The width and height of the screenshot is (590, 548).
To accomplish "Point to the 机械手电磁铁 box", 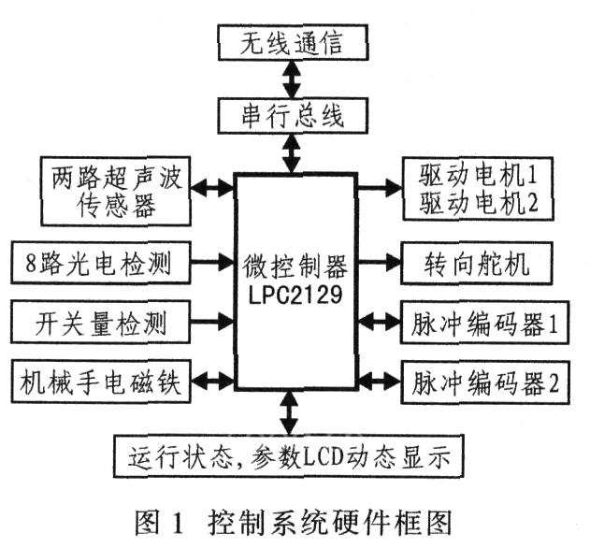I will pos(103,381).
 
